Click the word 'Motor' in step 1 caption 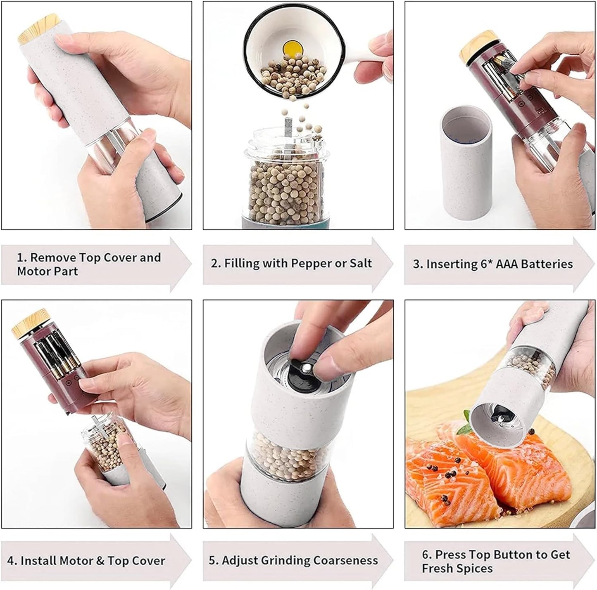pos(31,271)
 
